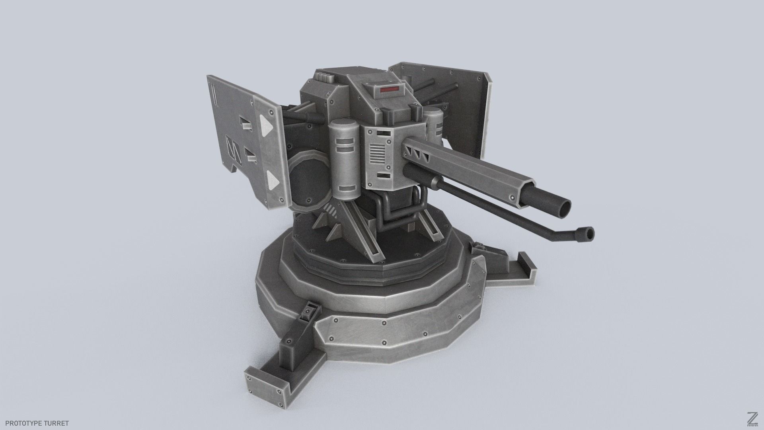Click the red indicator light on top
pos(390,90)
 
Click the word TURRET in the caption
pos(56,423)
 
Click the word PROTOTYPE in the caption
pos(22,423)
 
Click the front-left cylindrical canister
pos(345,159)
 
